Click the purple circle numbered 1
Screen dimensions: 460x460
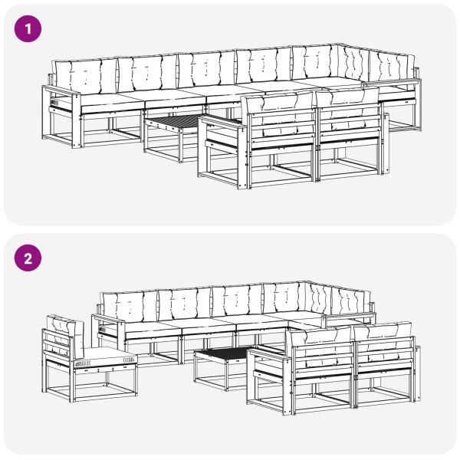click(28, 29)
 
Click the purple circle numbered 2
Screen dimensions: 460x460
click(28, 258)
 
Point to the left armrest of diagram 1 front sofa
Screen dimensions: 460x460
click(221, 121)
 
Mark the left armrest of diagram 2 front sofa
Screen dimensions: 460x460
click(268, 354)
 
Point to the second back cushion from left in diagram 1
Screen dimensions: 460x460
click(147, 73)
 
